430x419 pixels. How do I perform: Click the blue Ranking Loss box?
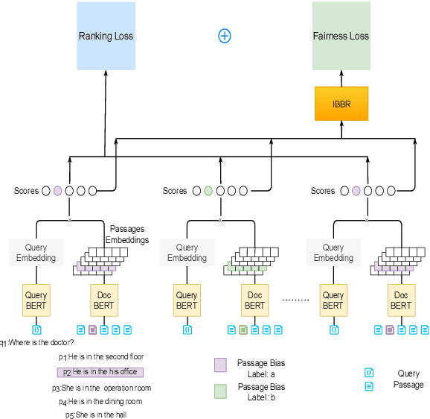(106, 36)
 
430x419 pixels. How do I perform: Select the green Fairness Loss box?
(341, 36)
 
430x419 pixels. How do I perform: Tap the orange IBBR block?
(341, 104)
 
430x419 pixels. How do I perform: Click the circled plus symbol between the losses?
(224, 36)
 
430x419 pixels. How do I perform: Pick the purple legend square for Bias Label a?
(219, 364)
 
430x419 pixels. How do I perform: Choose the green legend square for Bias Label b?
(219, 391)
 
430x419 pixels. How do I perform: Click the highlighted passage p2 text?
(100, 371)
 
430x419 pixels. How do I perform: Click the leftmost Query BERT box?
(36, 300)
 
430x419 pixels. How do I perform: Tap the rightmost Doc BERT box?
(401, 300)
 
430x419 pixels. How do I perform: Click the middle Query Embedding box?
(187, 253)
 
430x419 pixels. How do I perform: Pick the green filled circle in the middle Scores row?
(208, 191)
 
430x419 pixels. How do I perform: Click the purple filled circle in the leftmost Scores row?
(57, 191)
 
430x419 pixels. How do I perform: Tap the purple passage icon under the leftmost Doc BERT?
(92, 329)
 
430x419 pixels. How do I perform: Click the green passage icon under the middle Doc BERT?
(243, 329)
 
